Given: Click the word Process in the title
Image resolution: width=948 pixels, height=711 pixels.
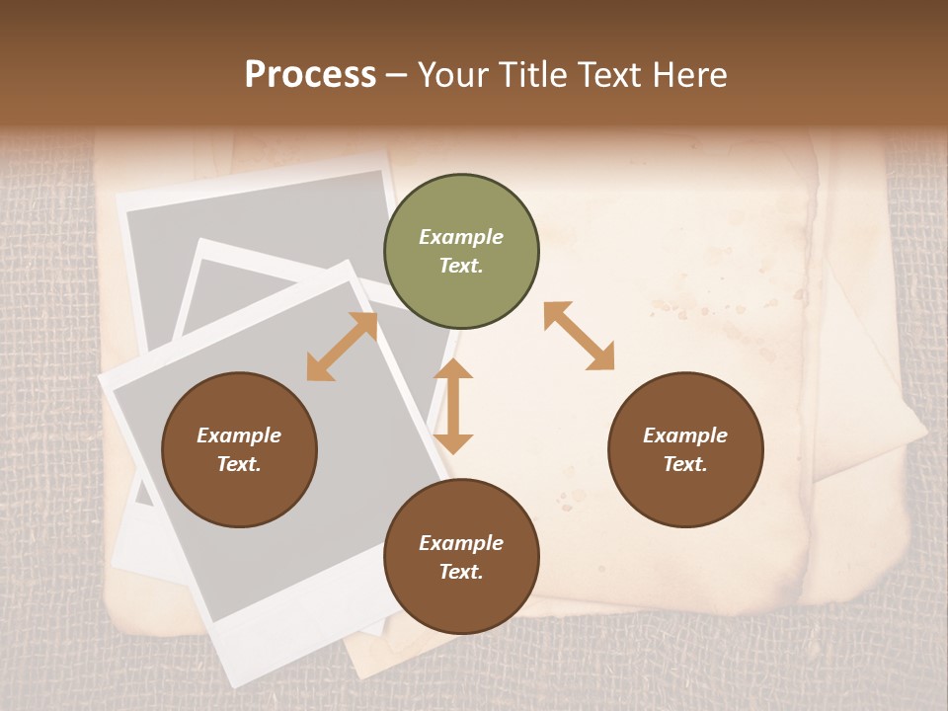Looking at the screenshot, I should tap(310, 75).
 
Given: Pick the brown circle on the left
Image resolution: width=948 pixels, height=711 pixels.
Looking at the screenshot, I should tap(239, 450).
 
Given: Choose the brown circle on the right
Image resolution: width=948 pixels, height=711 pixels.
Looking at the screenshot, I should tap(685, 450).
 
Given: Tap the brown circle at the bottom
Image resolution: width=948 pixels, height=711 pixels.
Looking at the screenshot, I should tap(461, 558).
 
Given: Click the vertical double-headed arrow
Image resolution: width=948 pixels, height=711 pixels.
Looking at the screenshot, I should tap(453, 406).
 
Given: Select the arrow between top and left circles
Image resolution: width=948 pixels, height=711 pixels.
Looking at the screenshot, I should tap(342, 347).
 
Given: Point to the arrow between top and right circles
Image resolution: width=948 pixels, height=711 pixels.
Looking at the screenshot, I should tap(579, 336).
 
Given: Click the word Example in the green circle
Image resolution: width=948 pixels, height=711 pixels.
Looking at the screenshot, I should tap(461, 237).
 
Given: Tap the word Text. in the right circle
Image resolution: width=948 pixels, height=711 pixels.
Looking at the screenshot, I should tap(685, 464).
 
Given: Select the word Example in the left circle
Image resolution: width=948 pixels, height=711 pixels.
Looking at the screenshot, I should tap(239, 435).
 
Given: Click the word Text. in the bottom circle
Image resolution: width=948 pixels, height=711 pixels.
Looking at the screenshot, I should tap(461, 572).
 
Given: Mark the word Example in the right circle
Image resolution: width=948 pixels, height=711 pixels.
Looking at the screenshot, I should tap(685, 435).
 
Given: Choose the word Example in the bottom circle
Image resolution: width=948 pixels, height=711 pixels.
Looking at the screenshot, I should tap(461, 543).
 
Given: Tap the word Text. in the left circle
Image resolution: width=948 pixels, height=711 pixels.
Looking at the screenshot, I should tap(239, 464).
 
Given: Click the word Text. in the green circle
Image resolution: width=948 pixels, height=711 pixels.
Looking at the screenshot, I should tap(461, 266).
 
